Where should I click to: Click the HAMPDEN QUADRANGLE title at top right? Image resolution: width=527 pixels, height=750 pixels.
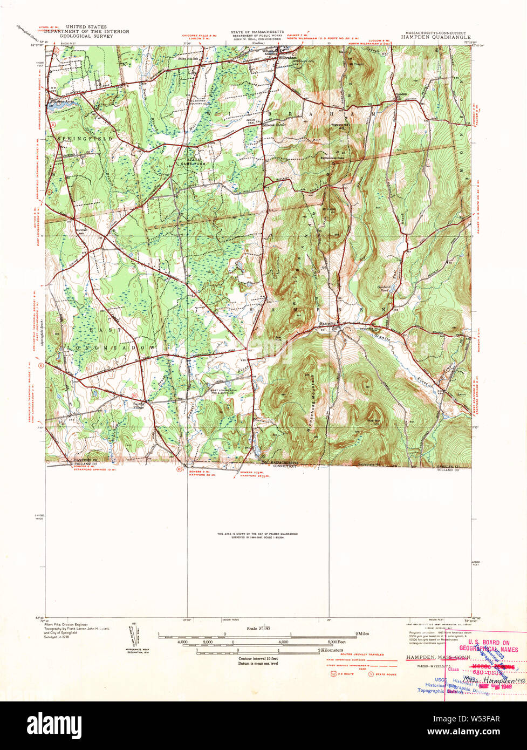[435, 38]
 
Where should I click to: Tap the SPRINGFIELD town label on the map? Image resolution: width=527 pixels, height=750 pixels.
[85, 139]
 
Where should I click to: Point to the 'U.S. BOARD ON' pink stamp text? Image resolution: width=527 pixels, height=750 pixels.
[484, 643]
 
